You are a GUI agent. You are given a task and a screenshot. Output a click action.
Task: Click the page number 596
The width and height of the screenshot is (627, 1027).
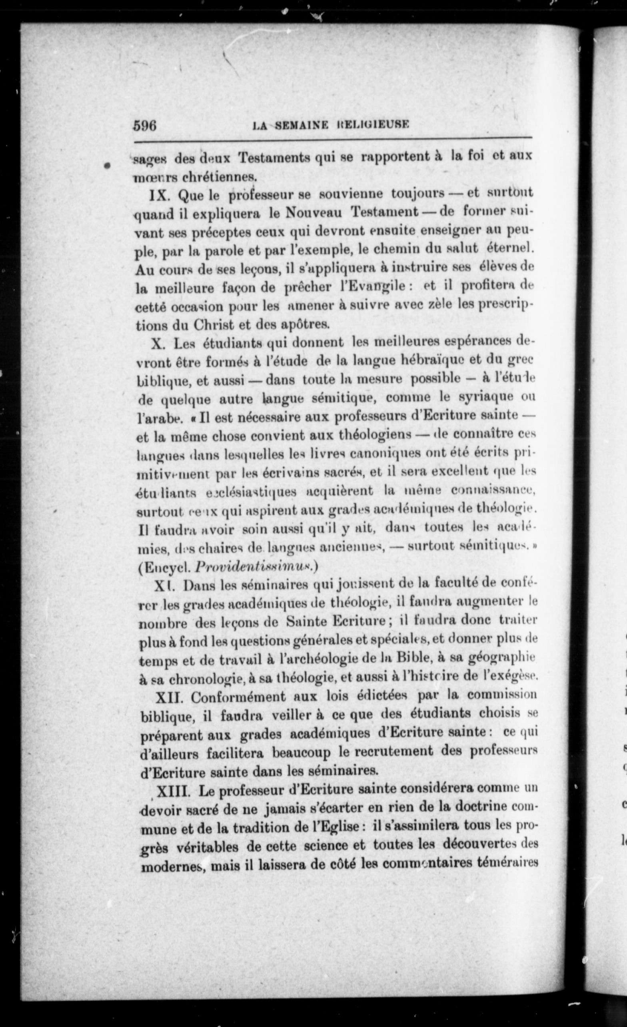click(145, 125)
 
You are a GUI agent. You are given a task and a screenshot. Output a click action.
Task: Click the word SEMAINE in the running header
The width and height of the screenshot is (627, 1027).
click(303, 125)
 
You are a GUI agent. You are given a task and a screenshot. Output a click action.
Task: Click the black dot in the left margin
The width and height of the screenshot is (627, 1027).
click(108, 165)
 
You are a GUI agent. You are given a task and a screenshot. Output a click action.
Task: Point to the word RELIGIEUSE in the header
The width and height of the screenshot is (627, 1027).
click(372, 125)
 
